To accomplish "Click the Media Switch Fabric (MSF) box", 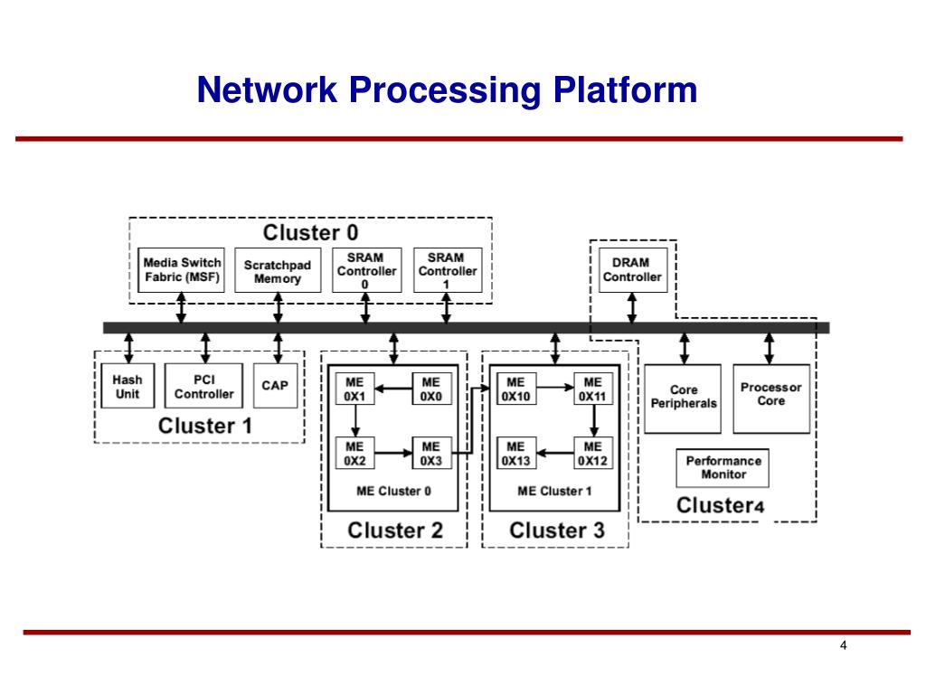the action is pyautogui.click(x=181, y=269).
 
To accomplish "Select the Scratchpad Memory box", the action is pyautogui.click(x=278, y=270).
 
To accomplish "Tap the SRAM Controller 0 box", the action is pyautogui.click(x=367, y=270).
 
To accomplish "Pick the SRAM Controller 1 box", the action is pyautogui.click(x=448, y=270).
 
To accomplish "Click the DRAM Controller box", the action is pyautogui.click(x=633, y=270).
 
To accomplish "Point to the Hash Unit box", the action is pyautogui.click(x=128, y=386).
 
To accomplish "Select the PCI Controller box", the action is pyautogui.click(x=203, y=386).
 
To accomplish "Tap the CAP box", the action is pyautogui.click(x=275, y=386).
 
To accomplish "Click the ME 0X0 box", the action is pyautogui.click(x=431, y=389).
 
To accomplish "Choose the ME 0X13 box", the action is pyautogui.click(x=516, y=454).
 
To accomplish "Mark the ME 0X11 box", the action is pyautogui.click(x=593, y=389).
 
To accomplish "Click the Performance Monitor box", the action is pyautogui.click(x=723, y=468).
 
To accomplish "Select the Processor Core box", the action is pyautogui.click(x=771, y=399).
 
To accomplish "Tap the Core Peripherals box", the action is pyautogui.click(x=683, y=399).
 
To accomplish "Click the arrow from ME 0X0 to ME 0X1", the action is pyautogui.click(x=393, y=389).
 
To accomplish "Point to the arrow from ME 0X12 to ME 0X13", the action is pyautogui.click(x=555, y=454).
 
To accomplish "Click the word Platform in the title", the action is pyautogui.click(x=626, y=90).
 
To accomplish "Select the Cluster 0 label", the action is pyautogui.click(x=311, y=232).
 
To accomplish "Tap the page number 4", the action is pyautogui.click(x=844, y=645).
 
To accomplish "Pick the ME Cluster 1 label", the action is pyautogui.click(x=554, y=491).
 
